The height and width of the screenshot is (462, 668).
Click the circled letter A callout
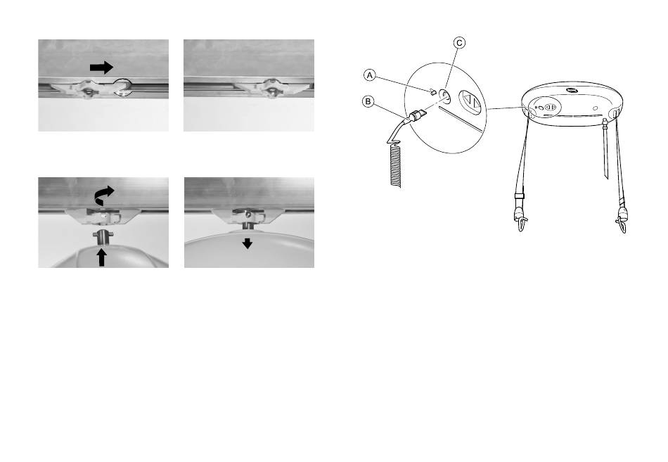click(x=370, y=75)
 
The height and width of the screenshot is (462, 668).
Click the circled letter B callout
click(x=368, y=101)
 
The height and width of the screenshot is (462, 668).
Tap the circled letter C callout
click(x=459, y=43)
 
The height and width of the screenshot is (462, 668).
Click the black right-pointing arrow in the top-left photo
click(x=101, y=68)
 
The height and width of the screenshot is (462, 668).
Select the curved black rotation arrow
click(x=104, y=195)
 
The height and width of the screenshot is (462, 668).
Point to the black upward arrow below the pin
click(x=101, y=257)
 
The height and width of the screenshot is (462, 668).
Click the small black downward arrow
click(x=248, y=243)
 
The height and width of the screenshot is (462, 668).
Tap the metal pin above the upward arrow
click(x=101, y=236)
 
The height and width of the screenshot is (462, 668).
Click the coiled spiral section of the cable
click(x=395, y=166)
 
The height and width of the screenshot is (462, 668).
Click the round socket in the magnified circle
click(x=444, y=95)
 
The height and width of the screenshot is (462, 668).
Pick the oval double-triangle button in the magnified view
click(x=470, y=102)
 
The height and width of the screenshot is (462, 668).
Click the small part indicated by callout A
click(x=432, y=91)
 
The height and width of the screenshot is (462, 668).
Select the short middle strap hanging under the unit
click(x=605, y=149)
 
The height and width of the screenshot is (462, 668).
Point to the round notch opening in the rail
click(x=122, y=86)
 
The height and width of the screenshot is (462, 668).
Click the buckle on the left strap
click(x=520, y=195)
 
